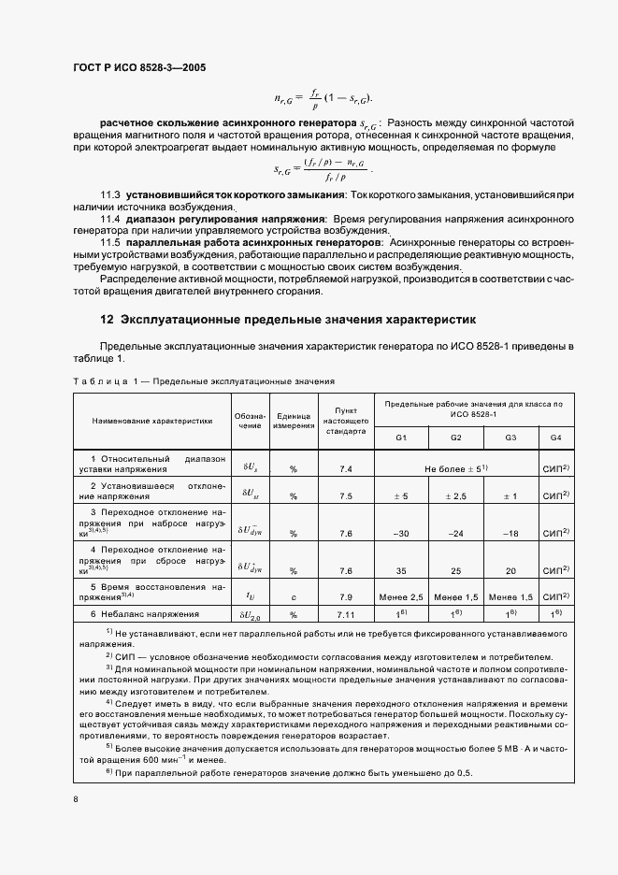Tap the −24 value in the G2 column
click(456, 533)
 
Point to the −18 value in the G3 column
click(510, 533)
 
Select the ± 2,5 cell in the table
click(456, 496)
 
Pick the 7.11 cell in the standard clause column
click(345, 614)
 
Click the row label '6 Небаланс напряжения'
click(145, 614)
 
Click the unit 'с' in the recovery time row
click(293, 596)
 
